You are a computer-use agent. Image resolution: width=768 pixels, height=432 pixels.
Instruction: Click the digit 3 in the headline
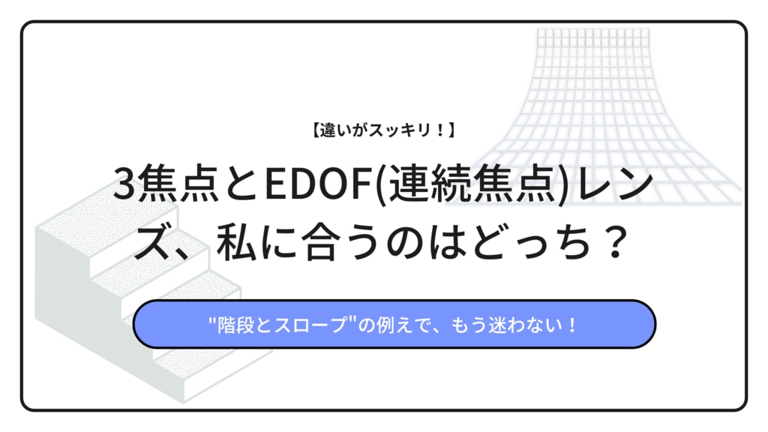pos(124,184)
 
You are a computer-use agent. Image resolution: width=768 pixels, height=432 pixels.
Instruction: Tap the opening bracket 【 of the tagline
pos(316,130)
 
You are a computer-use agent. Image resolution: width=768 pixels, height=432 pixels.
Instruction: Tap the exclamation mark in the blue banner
pos(572,325)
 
